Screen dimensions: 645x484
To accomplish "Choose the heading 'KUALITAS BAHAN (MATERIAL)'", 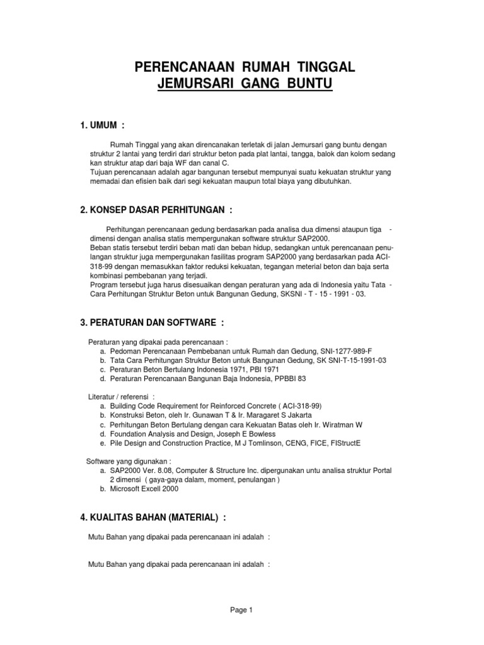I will tap(153, 517).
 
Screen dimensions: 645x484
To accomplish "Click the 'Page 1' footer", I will tap(241, 610).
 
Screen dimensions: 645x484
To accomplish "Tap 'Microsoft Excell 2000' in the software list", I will tap(144, 489).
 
